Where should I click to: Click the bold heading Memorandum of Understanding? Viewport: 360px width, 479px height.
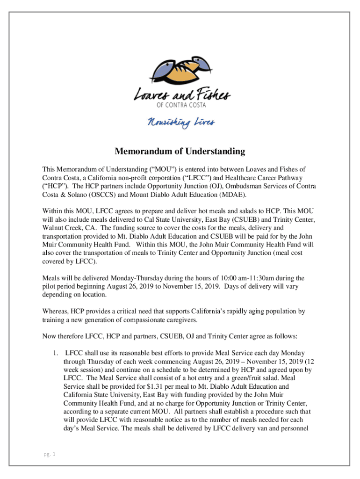click(180, 152)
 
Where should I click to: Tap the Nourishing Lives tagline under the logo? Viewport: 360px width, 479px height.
click(181, 123)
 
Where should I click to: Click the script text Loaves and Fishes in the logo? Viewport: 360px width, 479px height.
click(182, 94)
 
